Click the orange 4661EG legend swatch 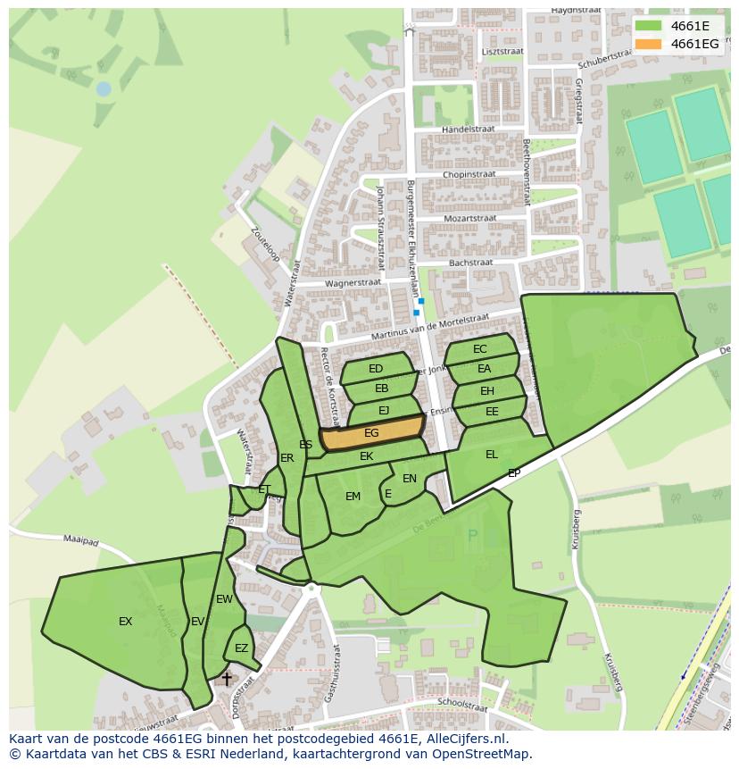pos(649,44)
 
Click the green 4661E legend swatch pos(649,25)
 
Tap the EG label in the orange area pos(372,433)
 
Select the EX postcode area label pos(126,622)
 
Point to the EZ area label pos(241,648)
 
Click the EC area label pos(480,349)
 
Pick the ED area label pos(376,369)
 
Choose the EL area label pos(492,455)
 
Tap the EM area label pos(353,497)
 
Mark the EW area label pos(224,599)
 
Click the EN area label pos(410,479)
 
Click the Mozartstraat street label pos(469,219)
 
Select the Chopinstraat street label pos(469,174)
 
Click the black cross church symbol pos(227,680)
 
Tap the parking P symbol pos(472,536)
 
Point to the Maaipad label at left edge pos(80,539)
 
